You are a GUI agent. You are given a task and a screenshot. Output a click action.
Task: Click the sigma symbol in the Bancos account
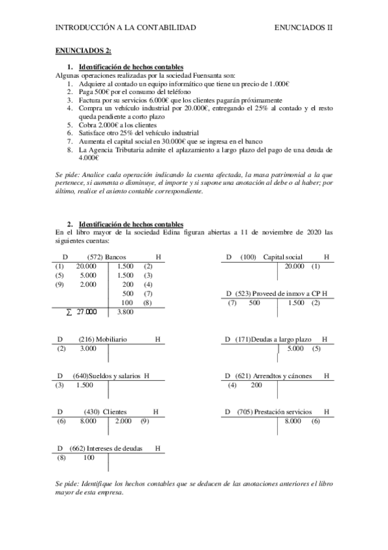pos(69,312)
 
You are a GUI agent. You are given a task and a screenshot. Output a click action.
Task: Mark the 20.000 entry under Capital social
pos(294,267)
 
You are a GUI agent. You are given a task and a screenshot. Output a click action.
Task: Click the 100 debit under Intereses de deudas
pos(89,458)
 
